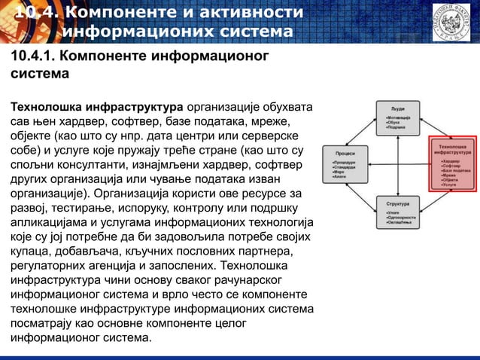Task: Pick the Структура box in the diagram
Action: click(x=398, y=213)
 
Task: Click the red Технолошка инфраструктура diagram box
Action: click(x=452, y=160)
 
